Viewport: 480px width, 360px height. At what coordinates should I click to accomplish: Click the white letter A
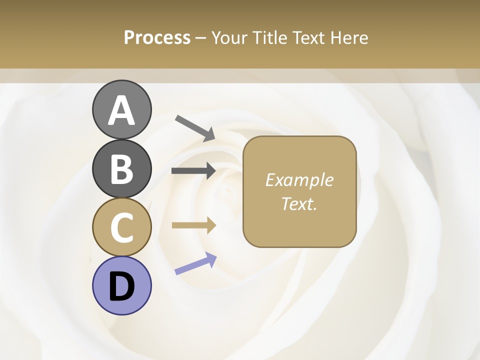122,110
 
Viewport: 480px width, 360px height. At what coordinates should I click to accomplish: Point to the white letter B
122,169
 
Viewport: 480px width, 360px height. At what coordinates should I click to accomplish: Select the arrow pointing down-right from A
194,128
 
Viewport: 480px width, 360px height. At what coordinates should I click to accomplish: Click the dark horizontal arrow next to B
193,171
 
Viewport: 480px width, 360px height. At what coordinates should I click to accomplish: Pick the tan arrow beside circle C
193,225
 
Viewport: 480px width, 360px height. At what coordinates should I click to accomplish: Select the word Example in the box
299,180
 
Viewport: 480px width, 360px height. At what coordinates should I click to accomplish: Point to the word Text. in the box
299,203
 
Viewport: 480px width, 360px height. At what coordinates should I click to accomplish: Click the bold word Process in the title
157,37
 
